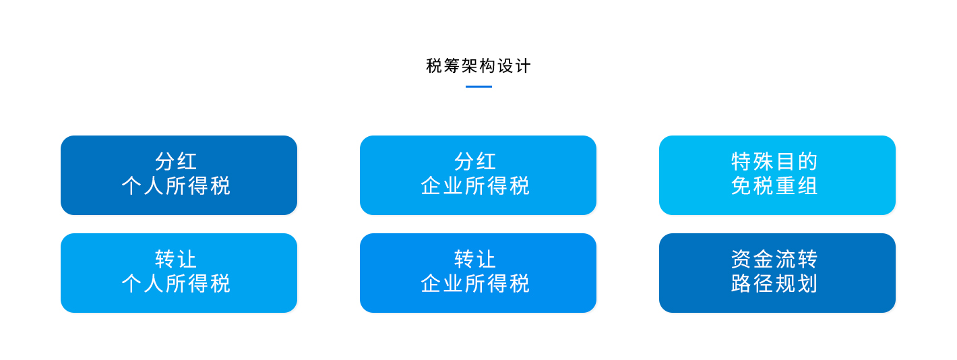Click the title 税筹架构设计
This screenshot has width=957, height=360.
(478, 66)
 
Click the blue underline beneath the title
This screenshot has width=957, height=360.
(478, 86)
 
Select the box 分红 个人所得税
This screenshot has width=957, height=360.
(179, 175)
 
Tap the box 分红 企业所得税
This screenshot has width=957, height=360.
(478, 175)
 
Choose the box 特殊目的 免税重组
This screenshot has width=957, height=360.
(777, 175)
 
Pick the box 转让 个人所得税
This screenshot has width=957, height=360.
(179, 273)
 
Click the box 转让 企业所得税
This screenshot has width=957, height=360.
(478, 273)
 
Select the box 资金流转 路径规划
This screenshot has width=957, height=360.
(777, 273)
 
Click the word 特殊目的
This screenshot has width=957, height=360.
(774, 162)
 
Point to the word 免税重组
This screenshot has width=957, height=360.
(774, 186)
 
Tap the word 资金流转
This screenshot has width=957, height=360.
(774, 259)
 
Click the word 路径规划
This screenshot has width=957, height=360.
(774, 283)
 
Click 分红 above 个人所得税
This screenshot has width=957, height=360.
(176, 162)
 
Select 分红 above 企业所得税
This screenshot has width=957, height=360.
(475, 162)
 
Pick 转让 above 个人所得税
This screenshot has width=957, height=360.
(176, 259)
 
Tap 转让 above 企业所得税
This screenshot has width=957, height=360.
(475, 259)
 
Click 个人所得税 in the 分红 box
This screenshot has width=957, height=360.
(176, 186)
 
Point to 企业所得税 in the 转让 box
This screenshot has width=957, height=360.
(475, 283)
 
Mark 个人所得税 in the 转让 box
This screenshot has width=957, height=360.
(176, 283)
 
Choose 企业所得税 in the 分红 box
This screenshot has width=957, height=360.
(475, 186)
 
